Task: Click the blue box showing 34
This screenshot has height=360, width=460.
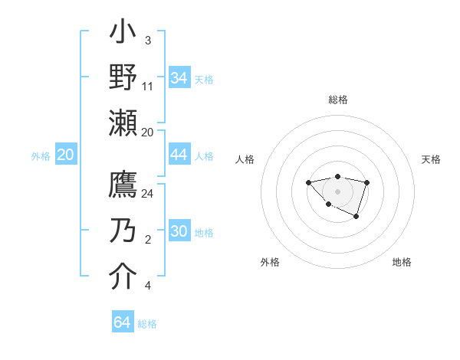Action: [x=179, y=78]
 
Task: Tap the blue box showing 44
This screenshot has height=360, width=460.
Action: [x=179, y=155]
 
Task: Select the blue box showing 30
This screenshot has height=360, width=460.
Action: [x=179, y=231]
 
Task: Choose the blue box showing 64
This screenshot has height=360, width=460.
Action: [x=123, y=322]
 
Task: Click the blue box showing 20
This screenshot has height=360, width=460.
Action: [x=66, y=155]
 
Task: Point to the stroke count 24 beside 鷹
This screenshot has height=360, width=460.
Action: [x=148, y=194]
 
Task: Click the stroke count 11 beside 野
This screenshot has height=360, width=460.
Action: [x=148, y=86]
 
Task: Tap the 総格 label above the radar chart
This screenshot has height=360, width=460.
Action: [x=338, y=100]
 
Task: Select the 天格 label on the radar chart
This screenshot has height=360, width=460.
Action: [x=431, y=159]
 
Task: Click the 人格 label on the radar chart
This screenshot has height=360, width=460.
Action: [x=245, y=159]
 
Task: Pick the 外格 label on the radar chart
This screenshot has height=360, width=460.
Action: [x=270, y=262]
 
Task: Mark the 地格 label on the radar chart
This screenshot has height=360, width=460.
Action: [x=402, y=262]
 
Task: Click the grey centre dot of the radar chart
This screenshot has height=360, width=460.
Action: [x=337, y=191]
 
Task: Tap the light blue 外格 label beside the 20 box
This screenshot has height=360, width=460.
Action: [x=41, y=155]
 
